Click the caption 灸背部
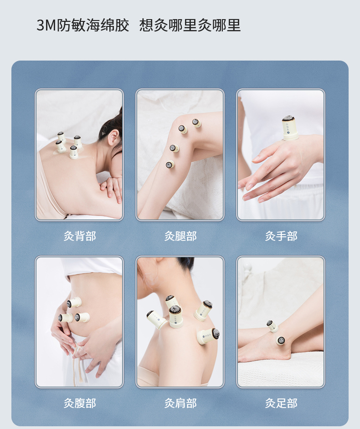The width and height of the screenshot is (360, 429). coord(80,236)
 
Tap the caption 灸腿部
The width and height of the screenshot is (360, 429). coord(180,236)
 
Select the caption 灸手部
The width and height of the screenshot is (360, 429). coord(281,236)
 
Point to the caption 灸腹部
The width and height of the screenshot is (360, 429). coord(80,403)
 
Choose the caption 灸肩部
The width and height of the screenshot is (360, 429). coord(180,403)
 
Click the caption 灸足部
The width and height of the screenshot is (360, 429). coord(281,403)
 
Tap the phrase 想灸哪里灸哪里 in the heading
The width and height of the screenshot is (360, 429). coord(190,25)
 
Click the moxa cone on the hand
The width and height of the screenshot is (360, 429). coord(290,128)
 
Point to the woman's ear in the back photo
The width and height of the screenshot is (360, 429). coord(113,138)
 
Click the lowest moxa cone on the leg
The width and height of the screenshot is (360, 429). coord(170,164)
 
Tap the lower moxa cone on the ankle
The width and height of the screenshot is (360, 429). coord(281,340)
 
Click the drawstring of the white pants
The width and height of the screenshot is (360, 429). coord(78,361)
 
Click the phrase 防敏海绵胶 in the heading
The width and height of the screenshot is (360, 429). coord(93,25)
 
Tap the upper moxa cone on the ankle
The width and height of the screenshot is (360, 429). coord(272,326)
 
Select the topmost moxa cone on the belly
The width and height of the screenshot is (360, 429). coord(74,302)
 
